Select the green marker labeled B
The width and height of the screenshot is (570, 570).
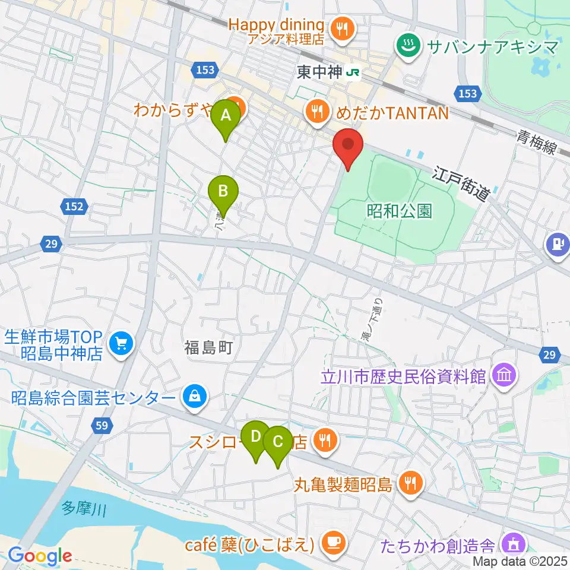(223, 192)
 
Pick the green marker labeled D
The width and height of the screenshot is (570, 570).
(256, 436)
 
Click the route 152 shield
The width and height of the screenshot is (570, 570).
(75, 207)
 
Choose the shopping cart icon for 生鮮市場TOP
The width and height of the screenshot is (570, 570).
(122, 344)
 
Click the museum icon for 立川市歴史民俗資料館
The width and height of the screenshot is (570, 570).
(505, 376)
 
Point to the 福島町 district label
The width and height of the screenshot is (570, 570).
(206, 348)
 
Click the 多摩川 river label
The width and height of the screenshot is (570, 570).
(84, 509)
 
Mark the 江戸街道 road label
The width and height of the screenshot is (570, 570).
(463, 183)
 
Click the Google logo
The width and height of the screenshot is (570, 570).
(40, 556)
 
